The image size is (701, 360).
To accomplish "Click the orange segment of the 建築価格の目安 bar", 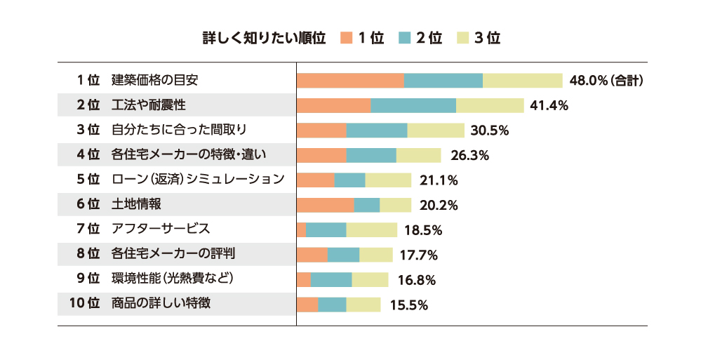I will click(x=350, y=80).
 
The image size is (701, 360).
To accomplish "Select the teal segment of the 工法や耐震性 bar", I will click(x=413, y=105).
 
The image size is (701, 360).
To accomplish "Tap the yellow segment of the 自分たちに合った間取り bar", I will click(x=436, y=131).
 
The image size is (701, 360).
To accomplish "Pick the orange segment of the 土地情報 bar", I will click(x=326, y=205).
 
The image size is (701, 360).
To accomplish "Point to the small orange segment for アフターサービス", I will click(x=302, y=229).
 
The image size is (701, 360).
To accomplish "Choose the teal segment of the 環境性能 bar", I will click(x=331, y=279).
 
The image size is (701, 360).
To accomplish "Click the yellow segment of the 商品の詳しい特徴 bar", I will click(x=363, y=305).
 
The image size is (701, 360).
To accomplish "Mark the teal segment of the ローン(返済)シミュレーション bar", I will click(x=350, y=180).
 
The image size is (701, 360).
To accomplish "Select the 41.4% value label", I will click(x=549, y=106).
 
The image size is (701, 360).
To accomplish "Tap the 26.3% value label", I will click(x=466, y=155).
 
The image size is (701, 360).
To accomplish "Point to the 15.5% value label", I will click(x=408, y=305).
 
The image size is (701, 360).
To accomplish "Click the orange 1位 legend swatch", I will click(x=346, y=38).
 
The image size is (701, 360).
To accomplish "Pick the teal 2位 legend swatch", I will click(x=405, y=38).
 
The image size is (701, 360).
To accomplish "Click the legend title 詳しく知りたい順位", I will click(x=264, y=38).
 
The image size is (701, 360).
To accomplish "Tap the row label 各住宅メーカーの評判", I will click(x=178, y=254).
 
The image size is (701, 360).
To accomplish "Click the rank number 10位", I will click(x=85, y=304).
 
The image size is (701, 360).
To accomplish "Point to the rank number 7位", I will click(x=88, y=229).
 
